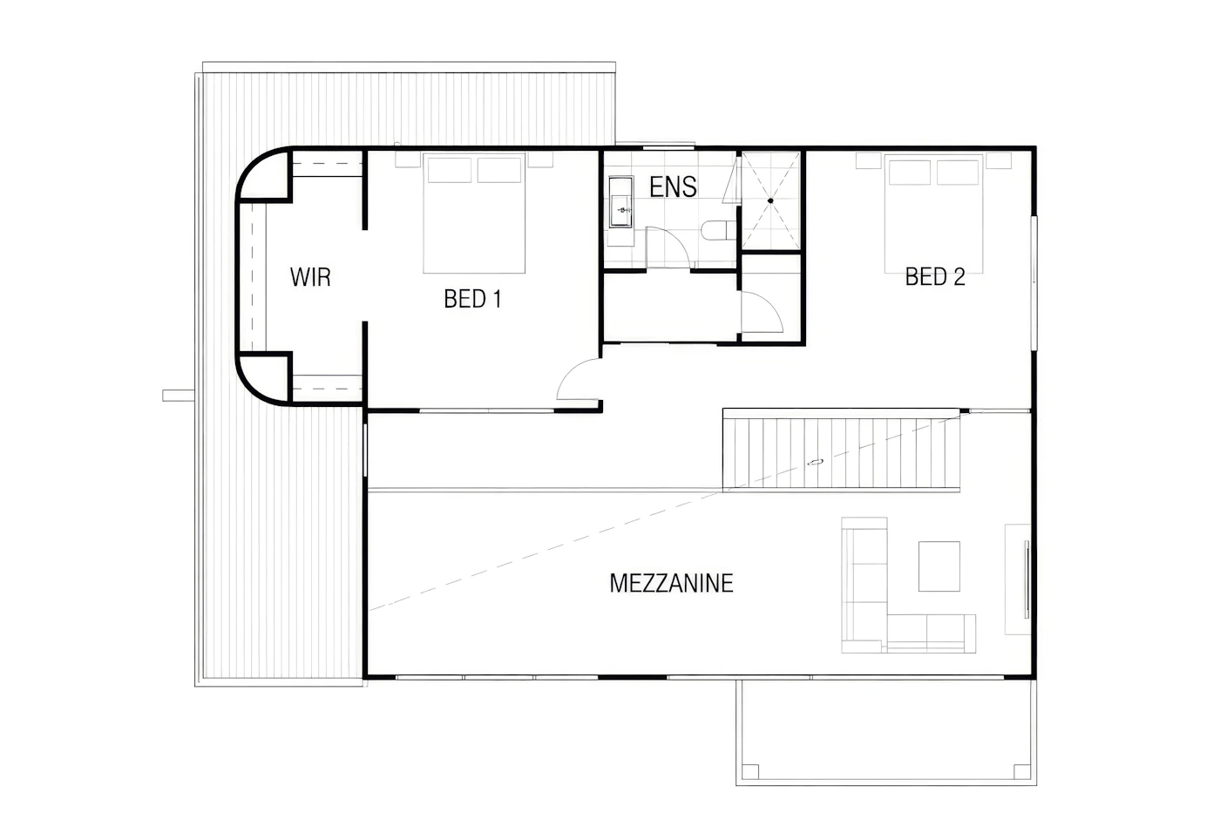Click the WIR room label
310,277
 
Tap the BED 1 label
472,299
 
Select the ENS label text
673,187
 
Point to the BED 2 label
934,276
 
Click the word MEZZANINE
671,584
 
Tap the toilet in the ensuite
718,230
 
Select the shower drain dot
770,201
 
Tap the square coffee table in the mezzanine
939,566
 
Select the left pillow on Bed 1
450,171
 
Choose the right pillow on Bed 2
958,173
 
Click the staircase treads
841,452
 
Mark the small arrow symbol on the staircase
815,463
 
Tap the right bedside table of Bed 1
540,159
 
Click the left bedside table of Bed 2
868,160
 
